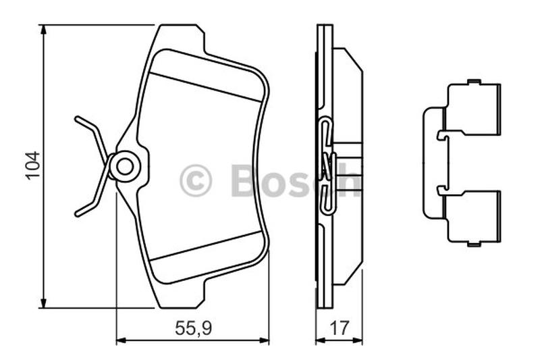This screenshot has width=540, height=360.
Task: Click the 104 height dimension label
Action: (33, 165)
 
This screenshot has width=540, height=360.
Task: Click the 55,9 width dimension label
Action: (193, 328)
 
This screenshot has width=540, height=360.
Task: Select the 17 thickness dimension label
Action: (340, 328)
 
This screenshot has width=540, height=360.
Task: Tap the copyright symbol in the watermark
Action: (196, 180)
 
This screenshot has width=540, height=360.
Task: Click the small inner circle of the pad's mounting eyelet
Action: (125, 167)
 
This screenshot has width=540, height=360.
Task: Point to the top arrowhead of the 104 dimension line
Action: (43, 29)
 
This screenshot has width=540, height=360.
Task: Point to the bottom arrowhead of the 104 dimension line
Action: (43, 303)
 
